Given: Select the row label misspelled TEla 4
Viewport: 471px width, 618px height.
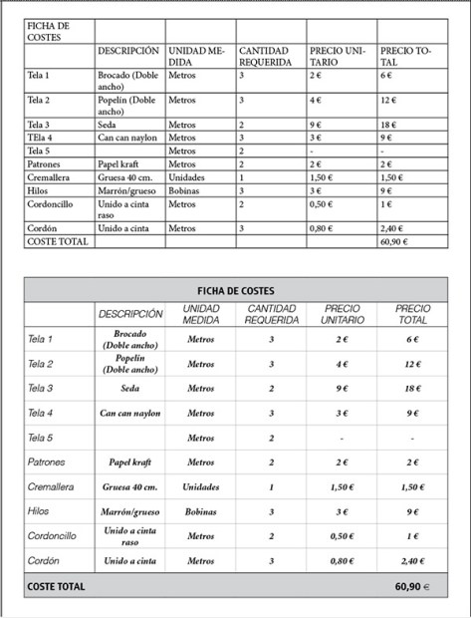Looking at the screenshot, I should point(41,138).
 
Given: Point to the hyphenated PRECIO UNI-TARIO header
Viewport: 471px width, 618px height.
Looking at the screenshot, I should point(338,56).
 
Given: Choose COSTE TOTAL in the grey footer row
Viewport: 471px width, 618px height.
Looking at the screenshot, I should point(57,587).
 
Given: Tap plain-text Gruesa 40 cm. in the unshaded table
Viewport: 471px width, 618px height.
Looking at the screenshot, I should point(126,176).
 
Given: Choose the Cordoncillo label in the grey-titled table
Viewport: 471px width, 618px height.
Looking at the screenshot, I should point(53,535).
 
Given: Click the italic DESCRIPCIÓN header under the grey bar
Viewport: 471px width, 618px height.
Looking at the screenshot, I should point(130,314).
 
